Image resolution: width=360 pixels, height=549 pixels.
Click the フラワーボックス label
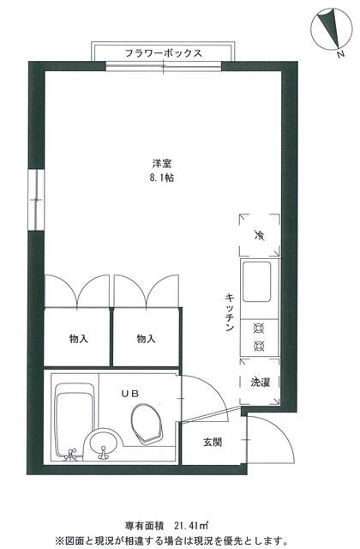[163, 53]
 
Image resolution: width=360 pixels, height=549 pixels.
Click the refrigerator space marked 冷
[258, 234]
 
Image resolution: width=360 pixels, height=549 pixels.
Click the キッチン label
[230, 313]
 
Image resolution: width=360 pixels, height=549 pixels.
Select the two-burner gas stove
[257, 337]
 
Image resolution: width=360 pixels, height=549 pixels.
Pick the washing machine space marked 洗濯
[258, 382]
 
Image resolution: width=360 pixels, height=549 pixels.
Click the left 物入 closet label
[78, 339]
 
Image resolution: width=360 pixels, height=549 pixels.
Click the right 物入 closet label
[146, 339]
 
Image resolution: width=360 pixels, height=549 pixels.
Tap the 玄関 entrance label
[212, 443]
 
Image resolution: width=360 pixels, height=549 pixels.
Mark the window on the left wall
[34, 200]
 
